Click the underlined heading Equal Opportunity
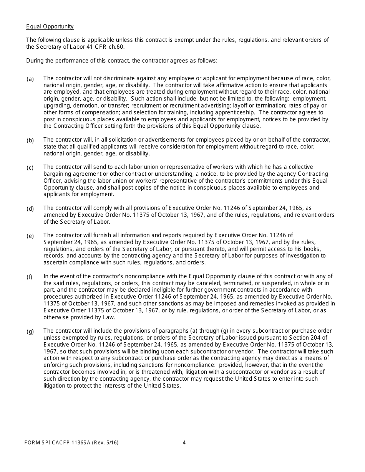click(50, 26)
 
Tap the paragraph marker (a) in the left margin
click(30, 79)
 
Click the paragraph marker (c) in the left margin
click(30, 168)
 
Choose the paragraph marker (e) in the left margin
click(30, 236)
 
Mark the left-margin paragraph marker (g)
click(30, 332)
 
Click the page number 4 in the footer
click(184, 442)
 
